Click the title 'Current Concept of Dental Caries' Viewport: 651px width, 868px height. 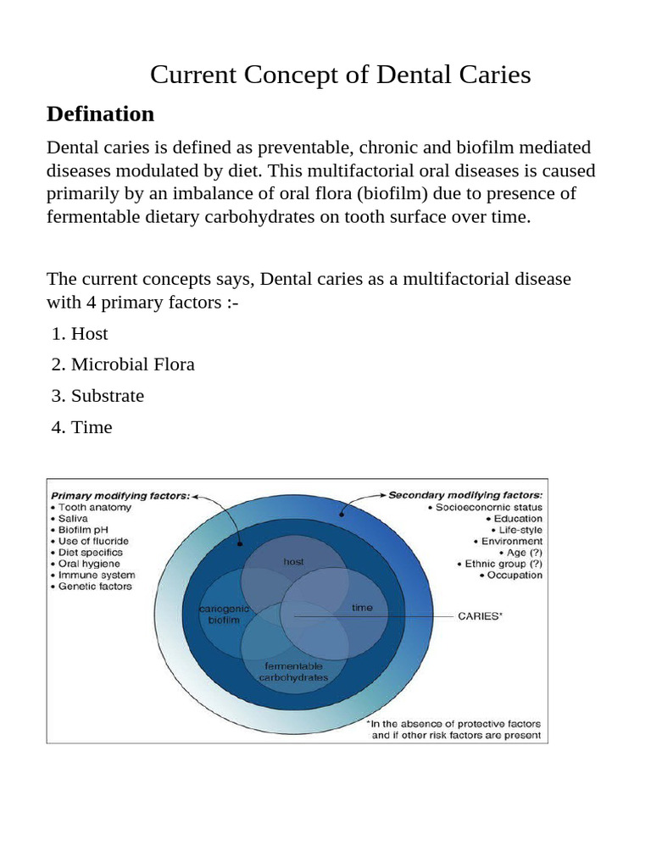(x=340, y=75)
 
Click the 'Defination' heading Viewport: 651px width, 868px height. (x=100, y=114)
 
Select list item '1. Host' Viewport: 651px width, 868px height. (x=80, y=334)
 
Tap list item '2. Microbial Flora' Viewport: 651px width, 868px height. (x=123, y=364)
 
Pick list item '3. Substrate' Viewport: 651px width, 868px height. (x=97, y=396)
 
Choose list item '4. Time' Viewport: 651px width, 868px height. (x=81, y=427)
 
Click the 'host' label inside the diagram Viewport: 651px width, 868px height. (x=292, y=562)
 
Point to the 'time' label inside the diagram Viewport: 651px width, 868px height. (x=362, y=608)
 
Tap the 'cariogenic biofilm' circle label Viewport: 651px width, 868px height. (x=220, y=615)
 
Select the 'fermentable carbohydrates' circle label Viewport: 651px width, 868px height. (x=292, y=671)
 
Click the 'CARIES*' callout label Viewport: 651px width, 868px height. (x=480, y=616)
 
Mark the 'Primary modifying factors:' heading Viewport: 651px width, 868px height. (x=120, y=495)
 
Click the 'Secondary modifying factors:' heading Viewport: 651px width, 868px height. (x=465, y=494)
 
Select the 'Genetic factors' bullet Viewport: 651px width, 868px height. (x=95, y=586)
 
